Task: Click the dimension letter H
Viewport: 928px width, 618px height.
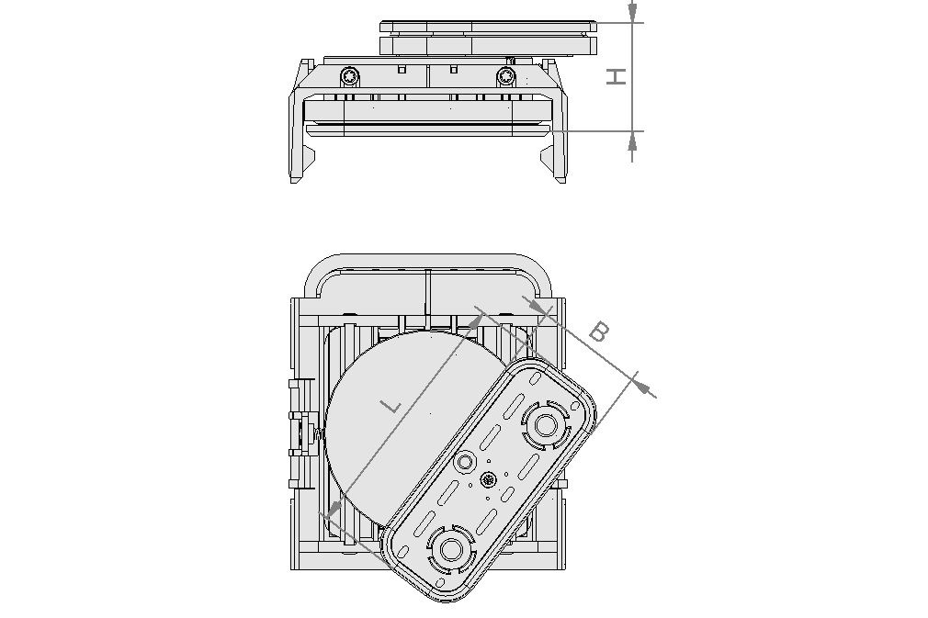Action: coord(617,77)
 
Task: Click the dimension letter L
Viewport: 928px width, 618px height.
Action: coord(391,405)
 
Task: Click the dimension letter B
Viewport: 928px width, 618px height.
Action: coord(598,331)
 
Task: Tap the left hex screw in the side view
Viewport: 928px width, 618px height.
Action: coord(349,74)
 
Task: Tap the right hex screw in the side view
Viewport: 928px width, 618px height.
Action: coord(506,74)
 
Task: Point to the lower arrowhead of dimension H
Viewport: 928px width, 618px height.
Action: coord(632,140)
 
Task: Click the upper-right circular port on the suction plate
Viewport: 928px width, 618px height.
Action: coord(546,425)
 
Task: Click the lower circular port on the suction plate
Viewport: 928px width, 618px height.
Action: coord(451,549)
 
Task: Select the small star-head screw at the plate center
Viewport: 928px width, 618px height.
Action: coord(487,478)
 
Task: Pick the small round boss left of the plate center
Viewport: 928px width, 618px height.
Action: coord(465,461)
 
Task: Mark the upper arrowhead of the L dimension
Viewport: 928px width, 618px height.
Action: coord(476,320)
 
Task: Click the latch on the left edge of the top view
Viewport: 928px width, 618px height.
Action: coord(297,432)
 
